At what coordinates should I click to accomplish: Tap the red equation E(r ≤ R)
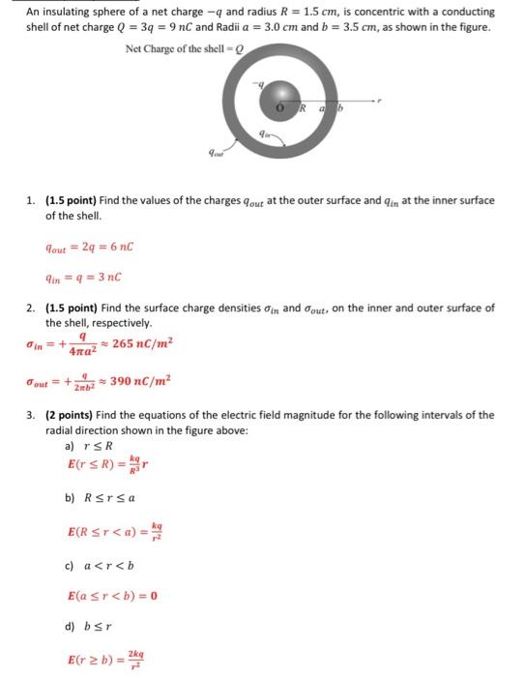(x=112, y=472)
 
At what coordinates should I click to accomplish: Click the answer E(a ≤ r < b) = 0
(x=113, y=595)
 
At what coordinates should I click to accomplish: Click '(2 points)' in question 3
(x=69, y=415)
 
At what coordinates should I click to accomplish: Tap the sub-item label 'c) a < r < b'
(x=102, y=565)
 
